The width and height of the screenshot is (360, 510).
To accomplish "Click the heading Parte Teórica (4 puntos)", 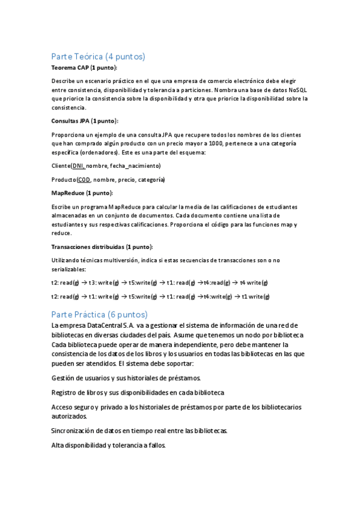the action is pos(99,57).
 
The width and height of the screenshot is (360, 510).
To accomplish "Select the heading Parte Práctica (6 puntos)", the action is pos(99,315).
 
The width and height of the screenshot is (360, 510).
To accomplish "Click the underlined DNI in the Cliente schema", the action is pos(78,165).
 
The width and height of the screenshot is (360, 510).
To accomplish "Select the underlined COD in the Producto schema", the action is pos(84,180).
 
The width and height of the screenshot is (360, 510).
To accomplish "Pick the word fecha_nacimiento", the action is pos(135,165).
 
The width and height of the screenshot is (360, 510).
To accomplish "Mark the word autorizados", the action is pos(69,416).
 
